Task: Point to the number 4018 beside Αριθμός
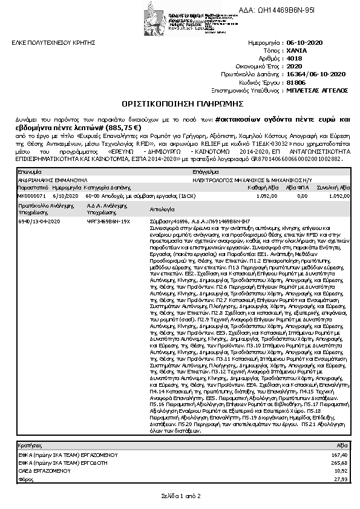(x=293, y=59)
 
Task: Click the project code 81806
(x=295, y=81)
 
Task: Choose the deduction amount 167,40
(x=340, y=454)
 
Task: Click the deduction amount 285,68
(x=340, y=462)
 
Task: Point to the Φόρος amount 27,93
(x=341, y=478)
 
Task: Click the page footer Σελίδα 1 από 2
(x=180, y=496)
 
